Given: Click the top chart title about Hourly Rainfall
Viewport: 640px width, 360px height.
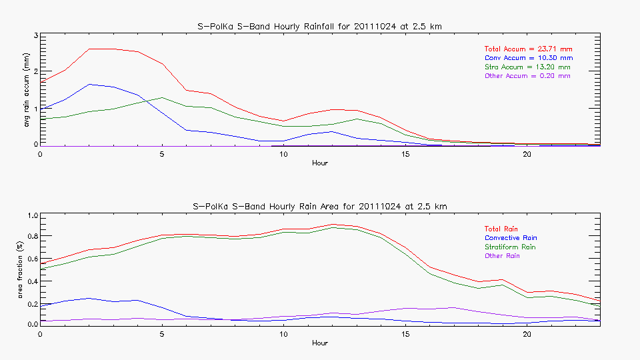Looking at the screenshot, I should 320,26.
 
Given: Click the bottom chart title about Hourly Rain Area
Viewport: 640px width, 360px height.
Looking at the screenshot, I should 320,207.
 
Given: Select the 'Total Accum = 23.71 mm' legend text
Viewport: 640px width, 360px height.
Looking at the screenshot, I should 528,49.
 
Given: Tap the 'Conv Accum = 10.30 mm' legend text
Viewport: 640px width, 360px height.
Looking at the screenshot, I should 528,58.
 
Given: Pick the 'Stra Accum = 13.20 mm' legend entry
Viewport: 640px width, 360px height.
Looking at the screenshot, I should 527,67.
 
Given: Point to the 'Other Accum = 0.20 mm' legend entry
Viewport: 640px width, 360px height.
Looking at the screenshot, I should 527,76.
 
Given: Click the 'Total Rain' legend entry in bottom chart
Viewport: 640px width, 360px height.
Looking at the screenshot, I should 502,228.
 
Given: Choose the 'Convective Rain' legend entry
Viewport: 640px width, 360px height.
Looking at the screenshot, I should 511,237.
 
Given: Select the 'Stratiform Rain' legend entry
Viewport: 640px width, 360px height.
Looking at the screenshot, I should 510,247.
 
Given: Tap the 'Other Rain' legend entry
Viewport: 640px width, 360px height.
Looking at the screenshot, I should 503,255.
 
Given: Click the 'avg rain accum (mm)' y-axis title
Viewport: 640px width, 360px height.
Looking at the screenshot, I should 27,90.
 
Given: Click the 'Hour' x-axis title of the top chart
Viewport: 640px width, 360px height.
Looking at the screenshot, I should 320,163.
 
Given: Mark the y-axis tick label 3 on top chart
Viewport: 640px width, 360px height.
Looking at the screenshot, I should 35,35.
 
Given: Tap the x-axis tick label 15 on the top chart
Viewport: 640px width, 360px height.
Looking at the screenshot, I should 405,155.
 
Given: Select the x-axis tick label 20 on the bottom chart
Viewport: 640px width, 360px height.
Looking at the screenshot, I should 527,334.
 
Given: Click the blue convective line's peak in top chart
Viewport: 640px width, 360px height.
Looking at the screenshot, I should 89,84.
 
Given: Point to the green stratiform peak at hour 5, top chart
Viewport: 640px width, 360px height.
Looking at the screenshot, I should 162,97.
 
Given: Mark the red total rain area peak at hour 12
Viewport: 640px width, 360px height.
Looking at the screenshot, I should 333,224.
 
